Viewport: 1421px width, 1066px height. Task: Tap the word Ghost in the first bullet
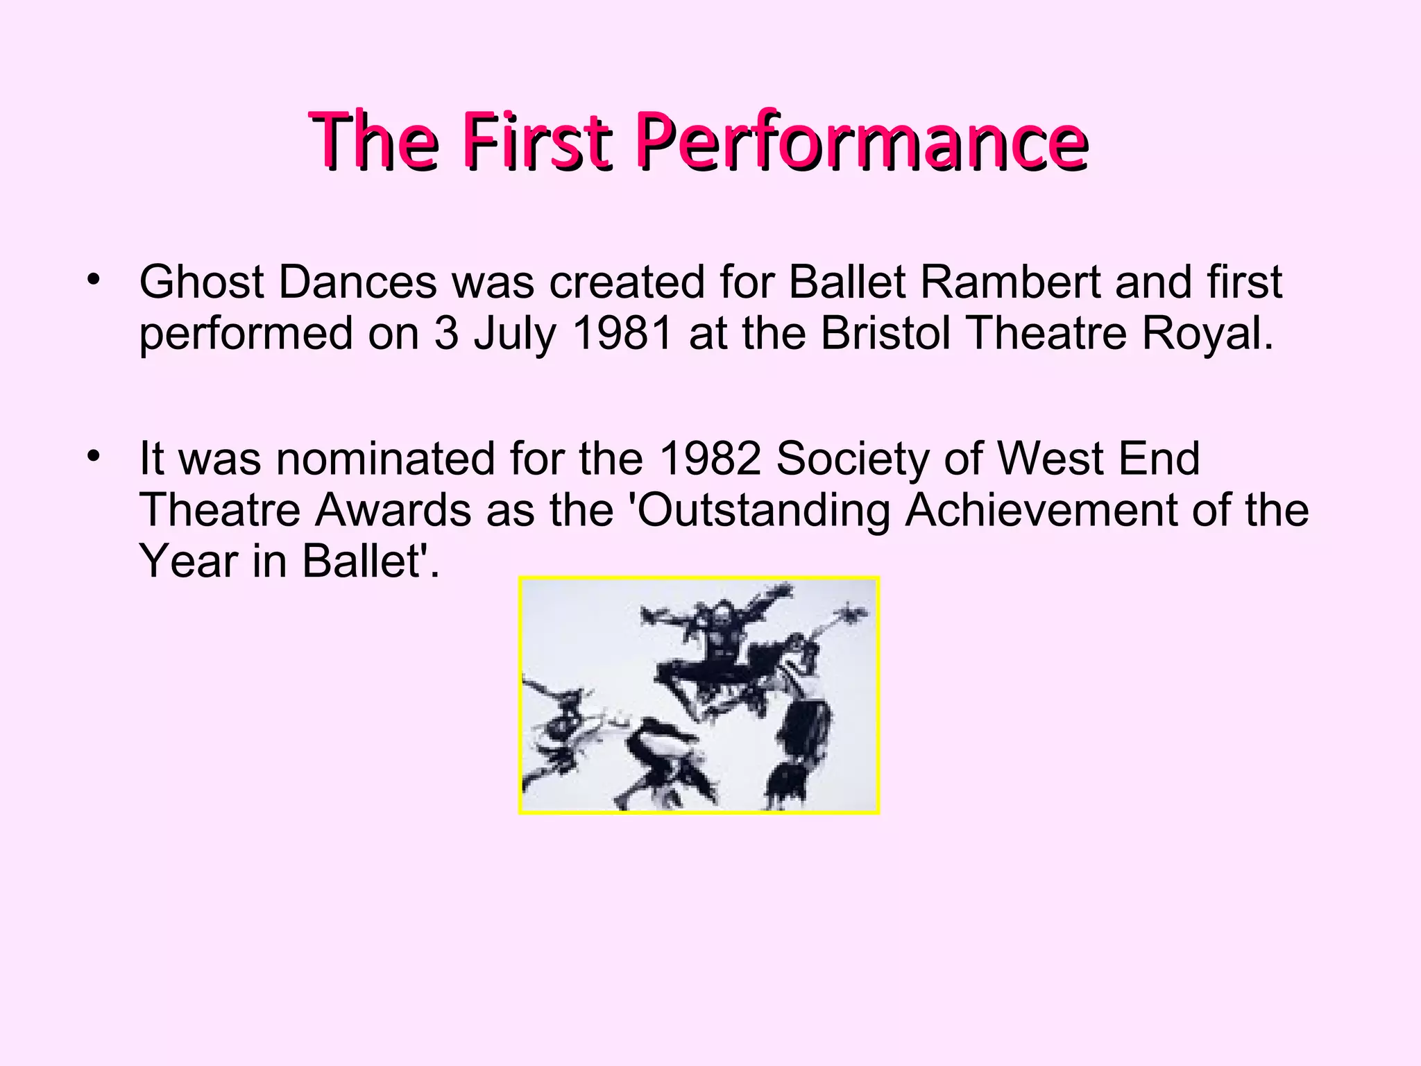[202, 282]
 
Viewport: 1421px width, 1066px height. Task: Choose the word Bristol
[885, 334]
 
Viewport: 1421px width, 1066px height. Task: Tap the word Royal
[1207, 334]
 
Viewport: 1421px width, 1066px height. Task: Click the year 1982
[710, 459]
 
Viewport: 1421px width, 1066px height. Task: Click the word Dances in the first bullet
[358, 282]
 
